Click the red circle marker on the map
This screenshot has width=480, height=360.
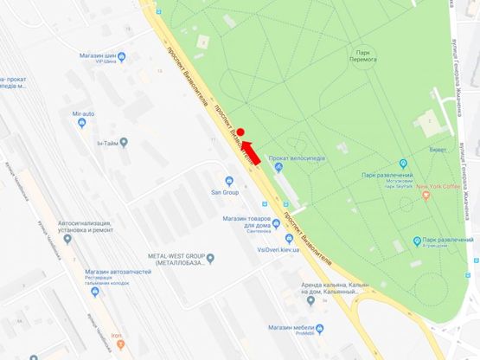[x=242, y=132]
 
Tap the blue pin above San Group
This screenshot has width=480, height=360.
[x=229, y=181]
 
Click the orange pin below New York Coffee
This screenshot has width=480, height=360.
[x=427, y=198]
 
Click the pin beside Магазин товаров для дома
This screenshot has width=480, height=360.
[x=276, y=222]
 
